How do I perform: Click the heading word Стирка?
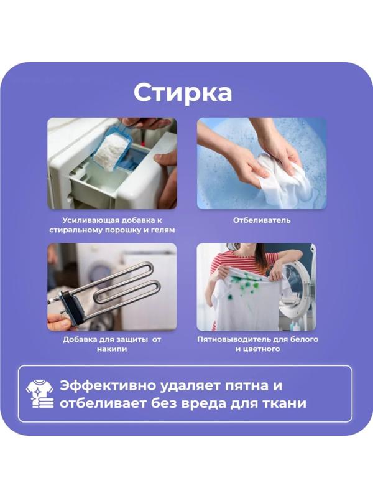tap(183, 92)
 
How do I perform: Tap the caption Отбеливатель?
tap(262, 220)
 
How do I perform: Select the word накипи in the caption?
tap(112, 349)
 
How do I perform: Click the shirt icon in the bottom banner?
tap(39, 393)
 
